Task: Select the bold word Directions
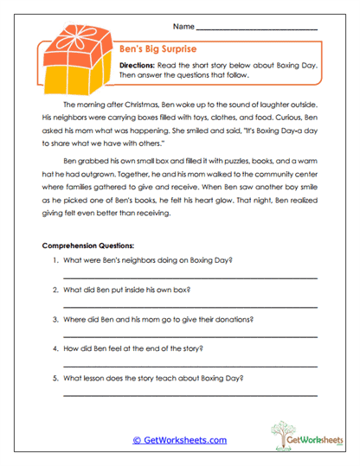point(137,65)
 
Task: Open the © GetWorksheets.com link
point(179,440)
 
